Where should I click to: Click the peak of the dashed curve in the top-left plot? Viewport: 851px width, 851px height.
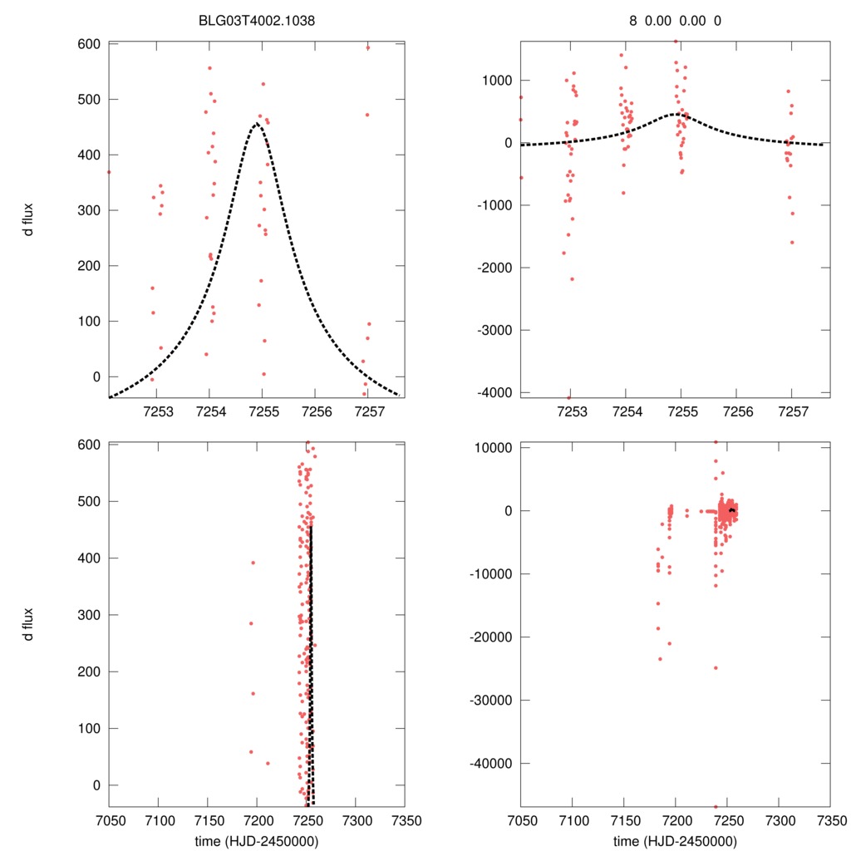pos(257,124)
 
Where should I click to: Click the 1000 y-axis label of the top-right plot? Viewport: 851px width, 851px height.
pos(495,81)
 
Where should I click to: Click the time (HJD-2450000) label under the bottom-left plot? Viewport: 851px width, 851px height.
pos(257,840)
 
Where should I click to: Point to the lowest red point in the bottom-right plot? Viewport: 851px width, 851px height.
pos(716,806)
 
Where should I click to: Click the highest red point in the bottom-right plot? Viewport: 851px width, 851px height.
pos(716,442)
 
